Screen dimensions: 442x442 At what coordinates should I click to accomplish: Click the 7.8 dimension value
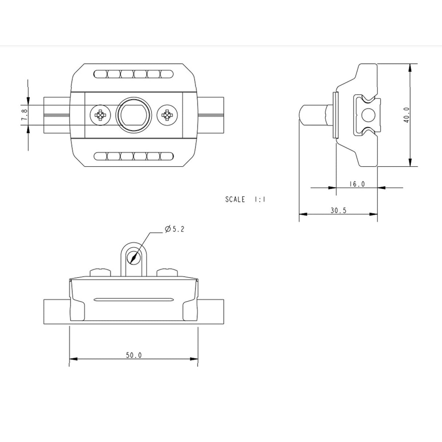click(24, 115)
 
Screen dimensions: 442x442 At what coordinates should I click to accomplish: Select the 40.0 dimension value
click(406, 115)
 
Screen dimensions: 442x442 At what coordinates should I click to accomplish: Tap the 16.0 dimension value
click(357, 184)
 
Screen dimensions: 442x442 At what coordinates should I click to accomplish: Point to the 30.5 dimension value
click(338, 210)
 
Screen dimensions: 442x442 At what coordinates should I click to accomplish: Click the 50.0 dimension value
click(134, 355)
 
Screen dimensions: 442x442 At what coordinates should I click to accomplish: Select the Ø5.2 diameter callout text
click(174, 229)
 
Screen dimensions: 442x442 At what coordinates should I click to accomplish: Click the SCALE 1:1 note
click(245, 199)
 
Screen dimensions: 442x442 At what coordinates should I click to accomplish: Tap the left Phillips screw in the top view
click(100, 115)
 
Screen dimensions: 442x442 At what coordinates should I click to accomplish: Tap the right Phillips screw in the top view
click(167, 115)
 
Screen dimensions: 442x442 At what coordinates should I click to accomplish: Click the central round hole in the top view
click(134, 115)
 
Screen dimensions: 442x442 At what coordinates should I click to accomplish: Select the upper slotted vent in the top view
click(134, 74)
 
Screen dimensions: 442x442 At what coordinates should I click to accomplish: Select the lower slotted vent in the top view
click(134, 156)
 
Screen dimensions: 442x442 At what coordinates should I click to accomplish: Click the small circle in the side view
click(368, 115)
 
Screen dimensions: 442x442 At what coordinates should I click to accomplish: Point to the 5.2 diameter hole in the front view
click(134, 257)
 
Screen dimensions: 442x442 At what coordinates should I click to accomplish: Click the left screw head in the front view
click(100, 272)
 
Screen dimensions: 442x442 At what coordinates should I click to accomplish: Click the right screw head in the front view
click(167, 272)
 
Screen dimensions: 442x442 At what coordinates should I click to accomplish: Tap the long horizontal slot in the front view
click(134, 300)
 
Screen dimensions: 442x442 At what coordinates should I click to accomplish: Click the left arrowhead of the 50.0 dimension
click(73, 359)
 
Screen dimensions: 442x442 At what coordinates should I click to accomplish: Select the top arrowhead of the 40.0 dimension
click(410, 67)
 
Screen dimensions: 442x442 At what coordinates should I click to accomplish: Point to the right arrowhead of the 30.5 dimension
click(374, 214)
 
